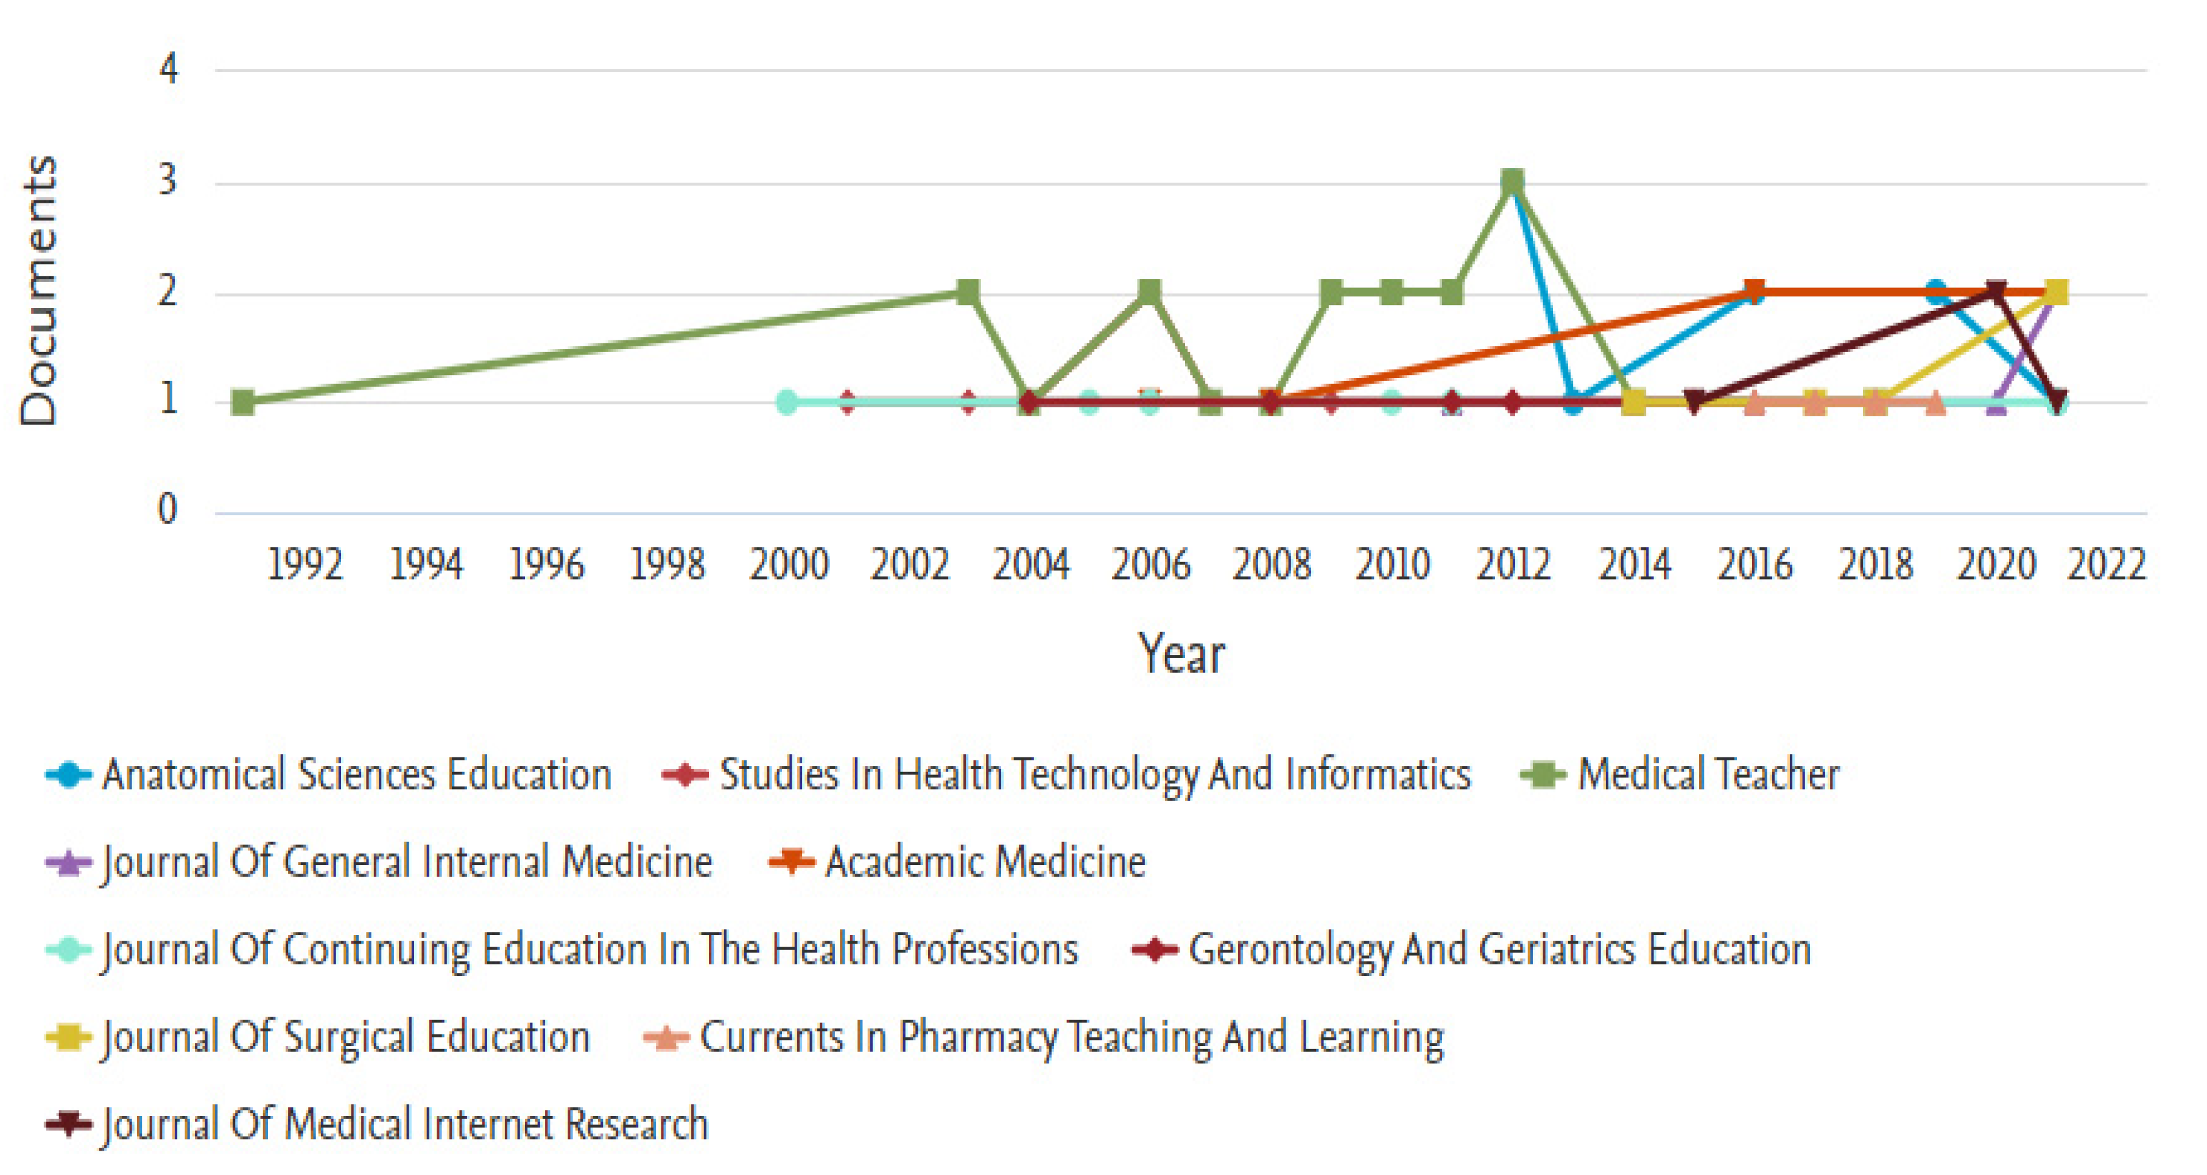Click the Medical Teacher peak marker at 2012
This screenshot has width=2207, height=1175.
(x=1513, y=181)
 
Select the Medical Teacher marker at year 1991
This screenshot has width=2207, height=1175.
(x=244, y=402)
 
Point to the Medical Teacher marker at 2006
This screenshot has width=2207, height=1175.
(x=1150, y=292)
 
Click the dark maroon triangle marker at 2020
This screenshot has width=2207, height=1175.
(x=1996, y=292)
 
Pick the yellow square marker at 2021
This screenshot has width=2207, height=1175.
(x=2056, y=292)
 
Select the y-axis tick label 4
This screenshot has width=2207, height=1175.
(x=169, y=69)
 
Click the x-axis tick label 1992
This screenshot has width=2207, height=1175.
(x=305, y=565)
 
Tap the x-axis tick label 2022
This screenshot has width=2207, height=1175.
(x=2107, y=565)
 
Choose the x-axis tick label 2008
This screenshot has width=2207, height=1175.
(x=1272, y=565)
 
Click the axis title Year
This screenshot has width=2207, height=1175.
(x=1181, y=654)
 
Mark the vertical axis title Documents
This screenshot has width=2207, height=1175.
(x=40, y=291)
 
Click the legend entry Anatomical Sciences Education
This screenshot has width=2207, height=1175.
(x=356, y=775)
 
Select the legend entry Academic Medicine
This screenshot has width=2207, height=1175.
(x=985, y=863)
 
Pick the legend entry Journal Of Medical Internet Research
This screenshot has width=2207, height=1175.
(x=404, y=1124)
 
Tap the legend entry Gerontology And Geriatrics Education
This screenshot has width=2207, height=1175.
(x=1499, y=950)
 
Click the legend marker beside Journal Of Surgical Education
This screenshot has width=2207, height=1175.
(x=69, y=1037)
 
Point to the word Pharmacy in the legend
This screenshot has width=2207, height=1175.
(x=977, y=1037)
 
